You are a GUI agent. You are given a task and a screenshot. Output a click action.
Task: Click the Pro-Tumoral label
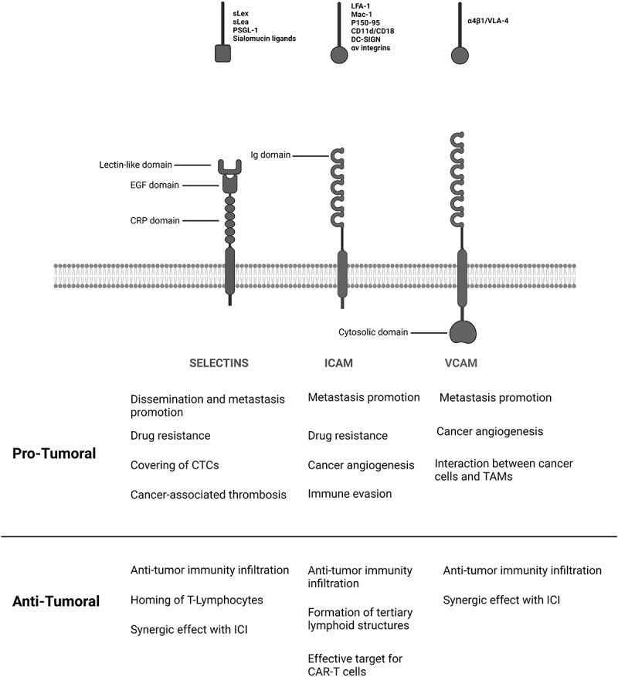point(54,454)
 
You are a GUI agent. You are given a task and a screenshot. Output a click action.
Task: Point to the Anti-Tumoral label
point(56,600)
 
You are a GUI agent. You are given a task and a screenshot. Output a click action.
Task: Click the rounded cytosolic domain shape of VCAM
point(461,332)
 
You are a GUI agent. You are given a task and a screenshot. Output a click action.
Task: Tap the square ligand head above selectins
point(223,53)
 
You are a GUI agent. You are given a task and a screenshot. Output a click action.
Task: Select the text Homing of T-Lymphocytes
point(195,600)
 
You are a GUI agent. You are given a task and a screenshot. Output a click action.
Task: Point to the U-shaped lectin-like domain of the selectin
point(229,165)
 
